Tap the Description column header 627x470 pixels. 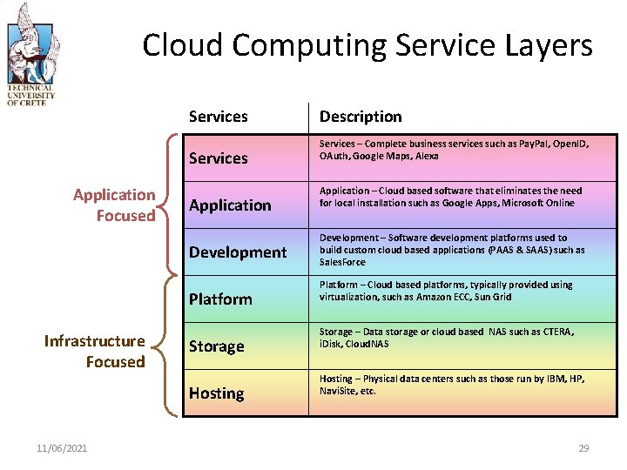[361, 117]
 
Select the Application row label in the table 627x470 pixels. [230, 205]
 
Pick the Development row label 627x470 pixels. [238, 252]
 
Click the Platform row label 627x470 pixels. [220, 299]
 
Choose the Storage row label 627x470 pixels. [217, 346]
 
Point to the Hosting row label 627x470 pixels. [217, 393]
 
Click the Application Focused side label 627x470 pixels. [114, 205]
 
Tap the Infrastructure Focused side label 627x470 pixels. [95, 352]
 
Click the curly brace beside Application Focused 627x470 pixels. [171, 205]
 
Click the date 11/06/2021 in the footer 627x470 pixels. [62, 448]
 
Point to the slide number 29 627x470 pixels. [583, 448]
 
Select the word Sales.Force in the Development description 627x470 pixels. [343, 262]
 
